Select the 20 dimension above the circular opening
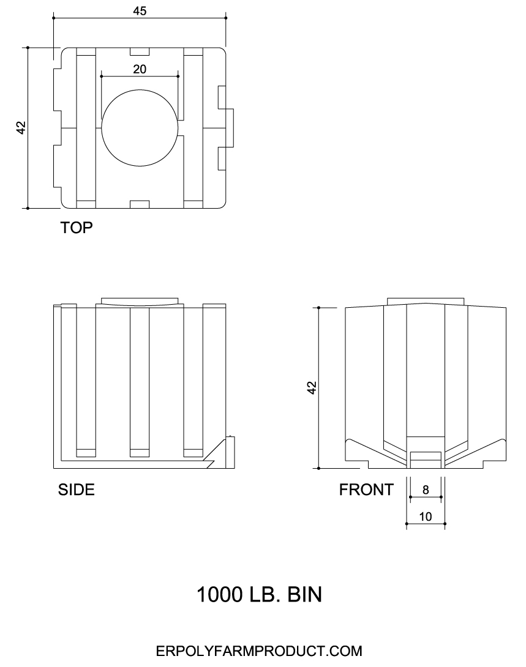(140, 69)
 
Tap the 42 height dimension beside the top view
(21, 128)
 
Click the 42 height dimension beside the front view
(312, 387)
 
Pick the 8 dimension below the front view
(426, 490)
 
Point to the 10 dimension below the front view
(426, 516)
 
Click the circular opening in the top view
(140, 128)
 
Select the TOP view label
(76, 228)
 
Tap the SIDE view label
(76, 490)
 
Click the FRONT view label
(366, 490)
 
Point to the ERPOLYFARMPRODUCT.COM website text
(259, 650)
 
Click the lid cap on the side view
(140, 300)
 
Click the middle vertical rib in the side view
(140, 379)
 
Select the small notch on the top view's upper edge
(140, 51)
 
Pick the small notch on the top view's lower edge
(140, 204)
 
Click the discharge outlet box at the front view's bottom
(426, 456)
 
